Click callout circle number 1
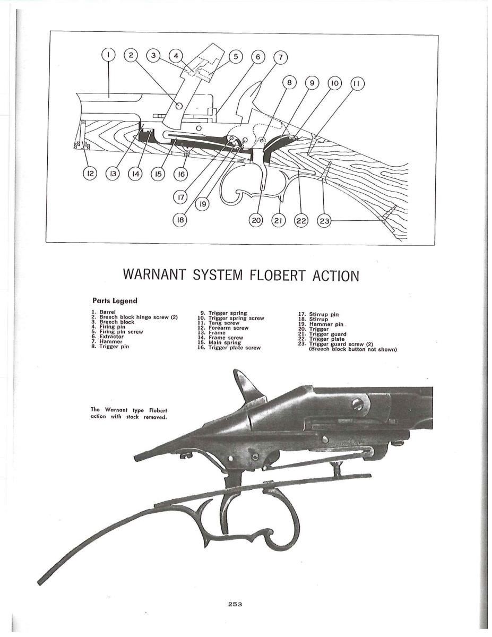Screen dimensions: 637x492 click(108, 55)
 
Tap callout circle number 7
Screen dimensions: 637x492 click(281, 57)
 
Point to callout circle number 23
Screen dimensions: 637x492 click(324, 220)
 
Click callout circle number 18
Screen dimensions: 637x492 click(181, 220)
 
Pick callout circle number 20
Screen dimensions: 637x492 click(257, 220)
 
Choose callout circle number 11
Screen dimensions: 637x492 click(357, 84)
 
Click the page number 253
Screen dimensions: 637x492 click(235, 604)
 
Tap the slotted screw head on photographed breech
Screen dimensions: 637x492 click(358, 405)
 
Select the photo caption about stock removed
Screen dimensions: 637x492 click(129, 413)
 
